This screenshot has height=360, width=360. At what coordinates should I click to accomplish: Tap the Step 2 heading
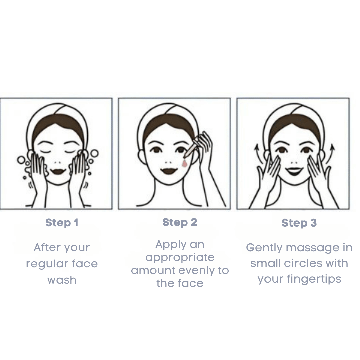180,222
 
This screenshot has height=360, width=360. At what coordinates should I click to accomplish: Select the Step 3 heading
299,223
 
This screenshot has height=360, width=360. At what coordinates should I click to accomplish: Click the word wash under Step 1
62,280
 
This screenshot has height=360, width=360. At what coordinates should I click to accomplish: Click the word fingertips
314,279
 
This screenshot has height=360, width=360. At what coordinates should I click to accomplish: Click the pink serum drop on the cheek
184,163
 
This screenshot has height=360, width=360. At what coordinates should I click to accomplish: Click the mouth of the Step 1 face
58,171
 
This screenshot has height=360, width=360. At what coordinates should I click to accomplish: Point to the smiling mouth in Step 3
294,171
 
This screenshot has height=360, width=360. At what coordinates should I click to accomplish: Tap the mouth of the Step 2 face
169,171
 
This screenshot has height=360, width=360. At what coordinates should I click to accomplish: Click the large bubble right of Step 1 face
95,153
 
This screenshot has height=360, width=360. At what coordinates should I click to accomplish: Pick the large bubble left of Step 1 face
21,160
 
